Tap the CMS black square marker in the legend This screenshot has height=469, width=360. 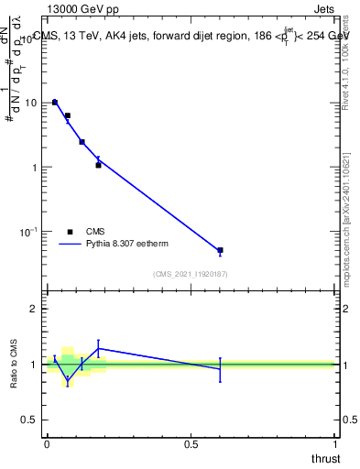tap(69, 232)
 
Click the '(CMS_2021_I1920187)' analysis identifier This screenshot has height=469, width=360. tap(190, 274)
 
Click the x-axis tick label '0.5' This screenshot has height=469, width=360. tap(191, 444)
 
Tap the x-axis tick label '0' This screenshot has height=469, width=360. tap(47, 444)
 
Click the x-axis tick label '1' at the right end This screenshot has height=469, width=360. tap(334, 444)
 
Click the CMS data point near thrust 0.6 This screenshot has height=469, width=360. tap(220, 250)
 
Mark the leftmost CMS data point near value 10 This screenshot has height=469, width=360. tap(55, 103)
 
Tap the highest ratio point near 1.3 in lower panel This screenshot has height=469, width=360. tap(98, 348)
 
